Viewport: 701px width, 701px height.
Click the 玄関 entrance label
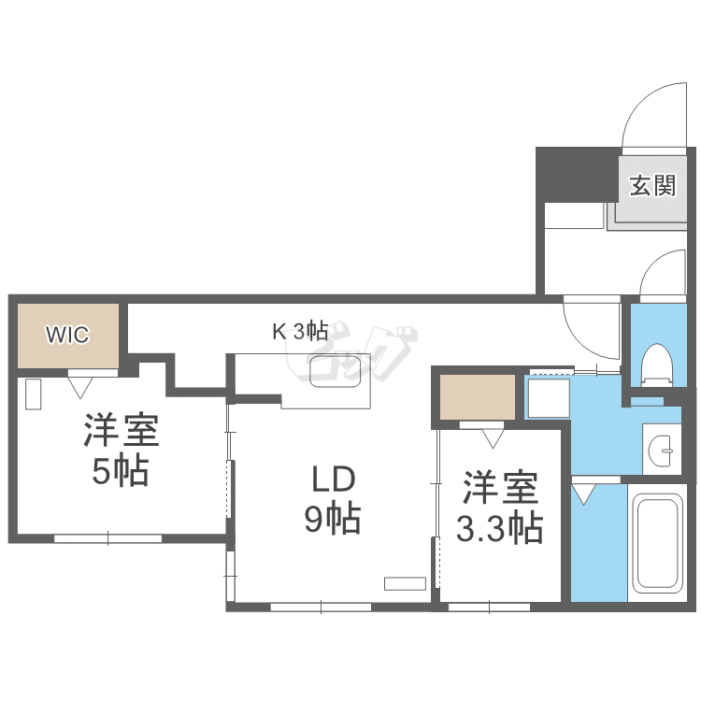pyautogui.click(x=651, y=185)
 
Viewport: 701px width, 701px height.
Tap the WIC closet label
pyautogui.click(x=67, y=335)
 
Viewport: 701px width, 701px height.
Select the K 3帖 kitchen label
pyautogui.click(x=299, y=330)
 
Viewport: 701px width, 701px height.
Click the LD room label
pyautogui.click(x=332, y=479)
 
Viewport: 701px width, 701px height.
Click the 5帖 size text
pyautogui.click(x=120, y=472)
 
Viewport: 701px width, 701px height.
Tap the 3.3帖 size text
pyautogui.click(x=499, y=529)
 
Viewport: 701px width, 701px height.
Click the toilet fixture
pyautogui.click(x=658, y=365)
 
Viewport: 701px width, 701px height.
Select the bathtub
pyautogui.click(x=660, y=541)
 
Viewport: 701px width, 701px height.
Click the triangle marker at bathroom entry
pyautogui.click(x=584, y=493)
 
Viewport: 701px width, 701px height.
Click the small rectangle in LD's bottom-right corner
pyautogui.click(x=405, y=583)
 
